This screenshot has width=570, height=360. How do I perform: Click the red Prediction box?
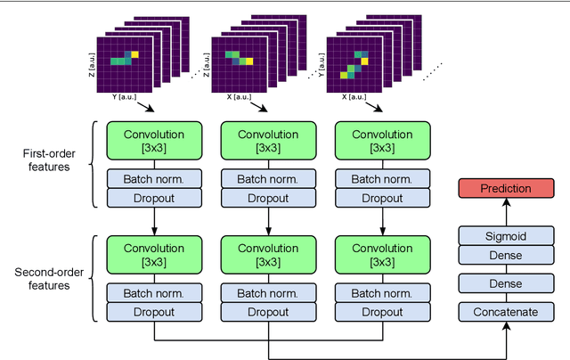(x=505, y=188)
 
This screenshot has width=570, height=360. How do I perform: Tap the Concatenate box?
(x=505, y=311)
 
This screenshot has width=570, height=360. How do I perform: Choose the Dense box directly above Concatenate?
(x=505, y=283)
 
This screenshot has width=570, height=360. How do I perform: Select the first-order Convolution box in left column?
(x=154, y=142)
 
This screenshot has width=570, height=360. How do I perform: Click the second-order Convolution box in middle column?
(x=269, y=253)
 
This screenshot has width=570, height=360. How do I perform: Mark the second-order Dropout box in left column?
(x=154, y=311)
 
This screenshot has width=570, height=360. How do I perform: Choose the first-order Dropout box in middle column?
(x=269, y=197)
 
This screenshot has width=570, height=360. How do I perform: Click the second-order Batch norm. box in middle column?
(x=269, y=292)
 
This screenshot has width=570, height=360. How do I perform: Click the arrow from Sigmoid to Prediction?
(x=505, y=211)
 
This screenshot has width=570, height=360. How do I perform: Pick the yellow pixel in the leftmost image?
(x=136, y=54)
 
